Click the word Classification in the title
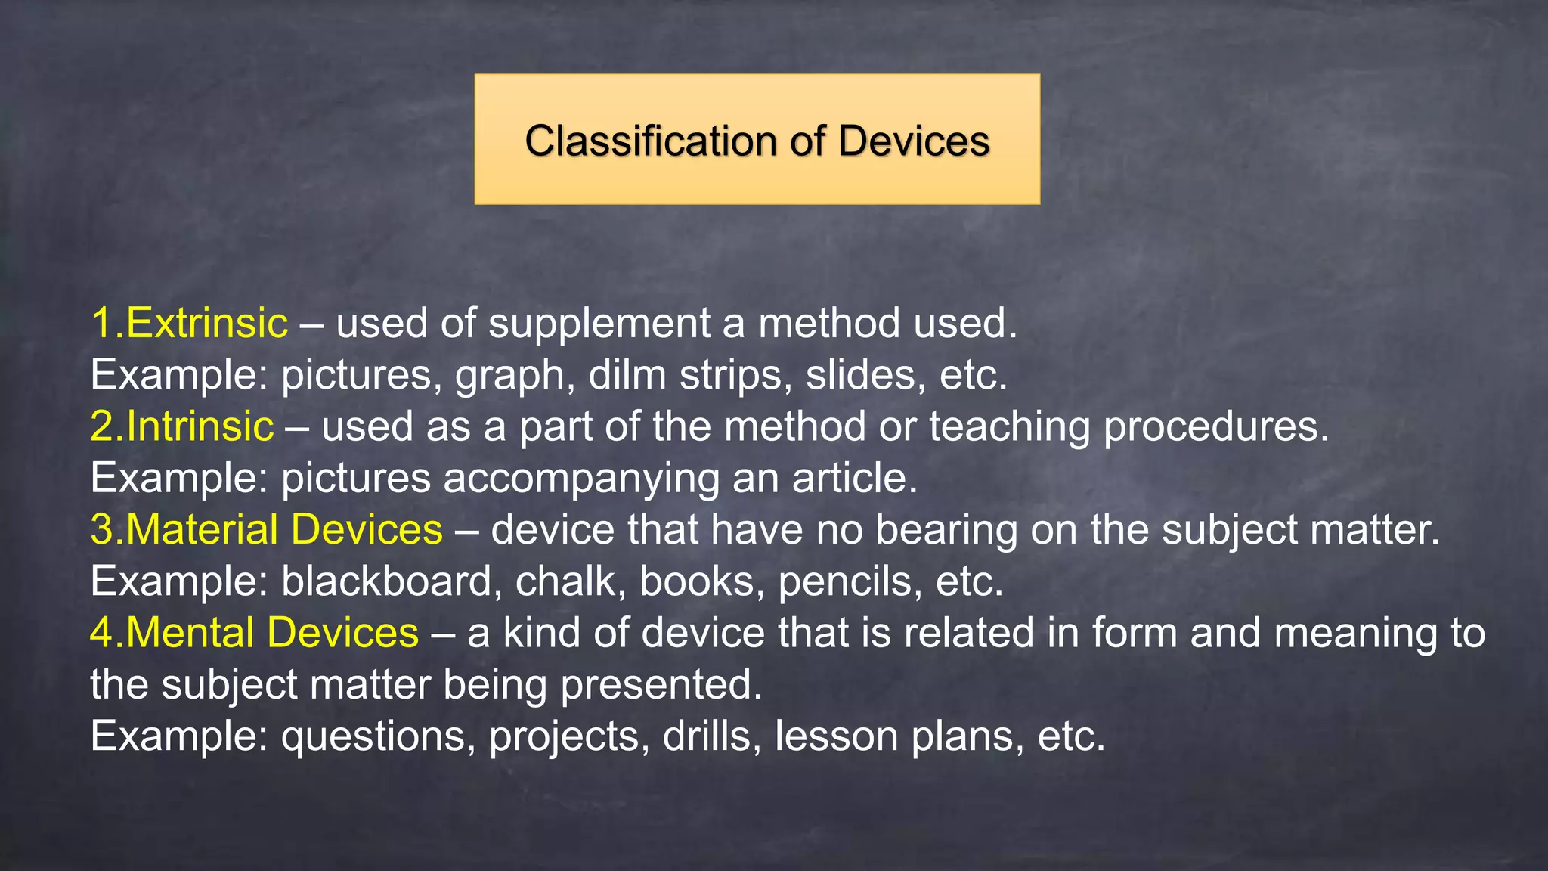[650, 141]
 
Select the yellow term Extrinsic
[206, 324]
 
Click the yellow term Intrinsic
[200, 426]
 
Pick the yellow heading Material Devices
[283, 529]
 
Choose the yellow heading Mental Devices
[271, 633]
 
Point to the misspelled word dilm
[627, 375]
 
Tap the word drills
[711, 736]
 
